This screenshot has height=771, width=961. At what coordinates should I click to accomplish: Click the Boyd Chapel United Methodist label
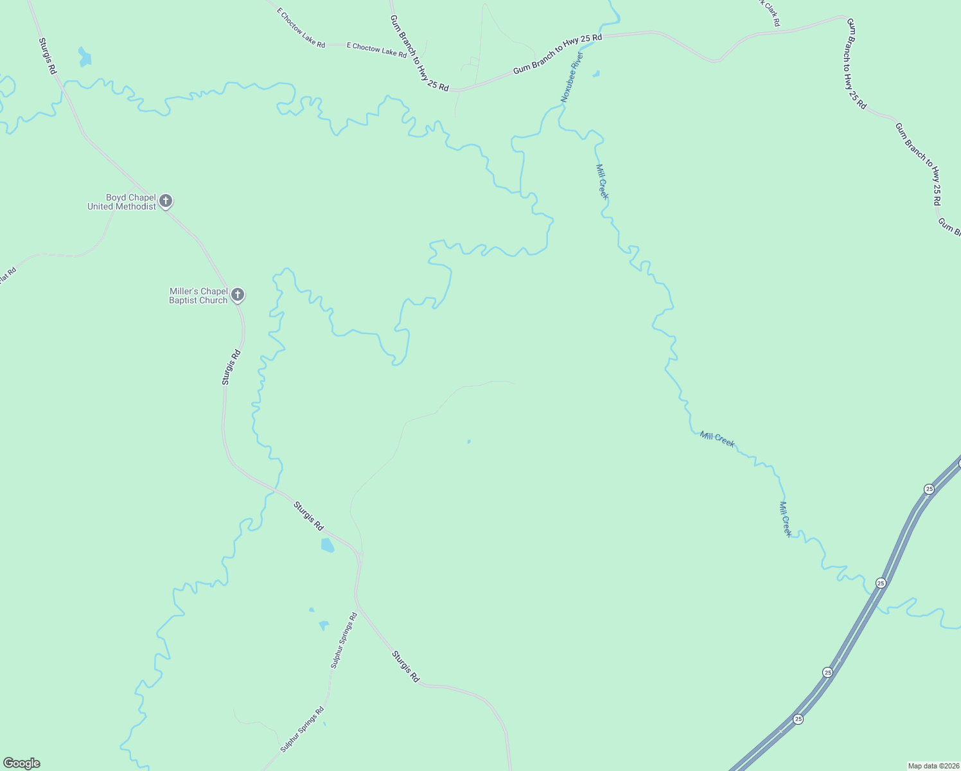point(122,202)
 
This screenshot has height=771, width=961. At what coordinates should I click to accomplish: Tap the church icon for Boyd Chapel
point(166,201)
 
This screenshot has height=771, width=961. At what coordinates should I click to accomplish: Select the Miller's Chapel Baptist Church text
point(198,296)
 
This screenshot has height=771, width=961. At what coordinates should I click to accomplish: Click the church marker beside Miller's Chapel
point(238,295)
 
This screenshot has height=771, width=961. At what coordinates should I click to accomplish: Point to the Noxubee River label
point(571,78)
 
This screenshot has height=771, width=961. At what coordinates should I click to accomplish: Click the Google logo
point(22,763)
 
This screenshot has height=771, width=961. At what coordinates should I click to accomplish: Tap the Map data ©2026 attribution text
point(933,766)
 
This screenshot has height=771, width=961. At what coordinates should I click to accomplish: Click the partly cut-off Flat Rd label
point(6,277)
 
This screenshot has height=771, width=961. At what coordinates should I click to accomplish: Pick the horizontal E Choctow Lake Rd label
point(376,50)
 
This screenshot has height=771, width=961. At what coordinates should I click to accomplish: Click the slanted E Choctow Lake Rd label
point(301,28)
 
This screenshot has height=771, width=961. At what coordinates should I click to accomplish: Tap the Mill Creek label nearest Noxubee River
point(602,182)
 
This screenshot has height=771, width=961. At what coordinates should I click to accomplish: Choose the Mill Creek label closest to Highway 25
point(785,519)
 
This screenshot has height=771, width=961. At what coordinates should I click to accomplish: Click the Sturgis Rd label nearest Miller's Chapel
point(231,367)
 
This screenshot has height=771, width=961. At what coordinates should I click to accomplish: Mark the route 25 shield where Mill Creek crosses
point(881,583)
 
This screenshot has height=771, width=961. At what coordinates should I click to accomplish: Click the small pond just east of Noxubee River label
point(595,74)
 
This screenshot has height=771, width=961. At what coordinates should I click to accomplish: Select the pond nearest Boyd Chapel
point(84,57)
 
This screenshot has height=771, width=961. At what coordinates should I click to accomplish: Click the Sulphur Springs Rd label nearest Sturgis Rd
point(344,641)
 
